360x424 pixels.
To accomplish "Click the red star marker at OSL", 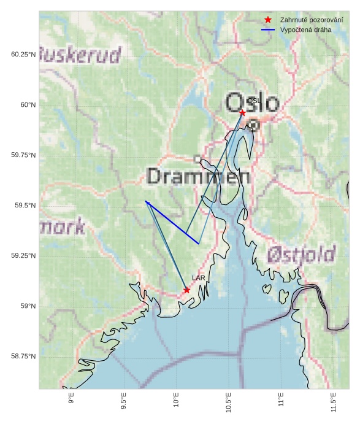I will [x=242, y=112].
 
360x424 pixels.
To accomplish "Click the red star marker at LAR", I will [x=186, y=290].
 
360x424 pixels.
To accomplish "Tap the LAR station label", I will [x=198, y=278].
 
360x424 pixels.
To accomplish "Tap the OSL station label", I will [x=254, y=100].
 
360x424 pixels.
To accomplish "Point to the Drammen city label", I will [x=198, y=177].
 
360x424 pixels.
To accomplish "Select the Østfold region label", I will [x=302, y=254].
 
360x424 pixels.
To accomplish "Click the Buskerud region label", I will [x=80, y=55].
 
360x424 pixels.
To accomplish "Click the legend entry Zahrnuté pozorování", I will [x=311, y=20].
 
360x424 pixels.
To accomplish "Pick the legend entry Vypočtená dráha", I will [x=305, y=29].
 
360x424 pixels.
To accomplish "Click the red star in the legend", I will [x=267, y=20].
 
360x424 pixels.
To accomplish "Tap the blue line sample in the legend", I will [x=267, y=29].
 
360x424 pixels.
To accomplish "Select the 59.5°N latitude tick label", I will [x=24, y=206].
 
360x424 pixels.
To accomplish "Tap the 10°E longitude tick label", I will [x=177, y=403].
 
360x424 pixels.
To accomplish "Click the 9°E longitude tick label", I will [x=72, y=401].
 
